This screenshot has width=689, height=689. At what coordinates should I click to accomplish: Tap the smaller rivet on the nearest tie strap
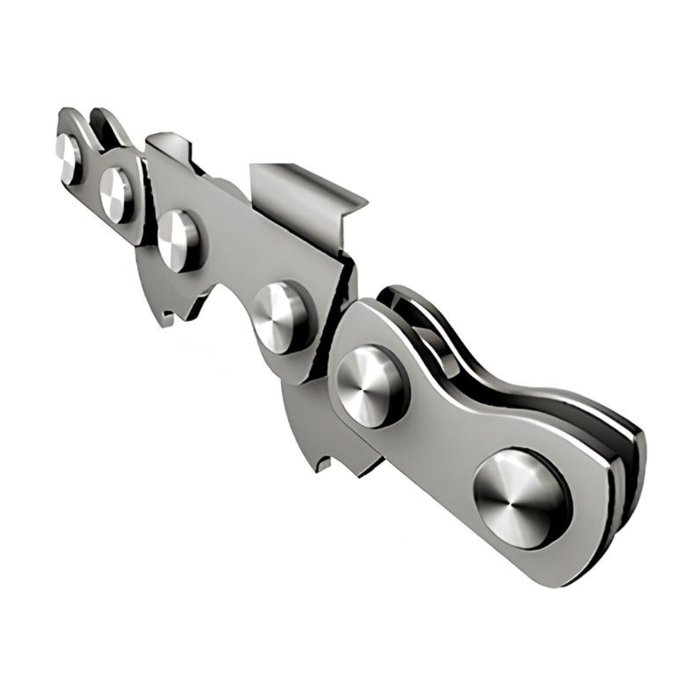click(371, 385)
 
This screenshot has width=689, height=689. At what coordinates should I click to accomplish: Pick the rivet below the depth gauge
click(178, 240)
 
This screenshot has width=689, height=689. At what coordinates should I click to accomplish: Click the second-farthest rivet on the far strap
click(115, 194)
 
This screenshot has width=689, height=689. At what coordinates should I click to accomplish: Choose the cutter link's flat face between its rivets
click(227, 262)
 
